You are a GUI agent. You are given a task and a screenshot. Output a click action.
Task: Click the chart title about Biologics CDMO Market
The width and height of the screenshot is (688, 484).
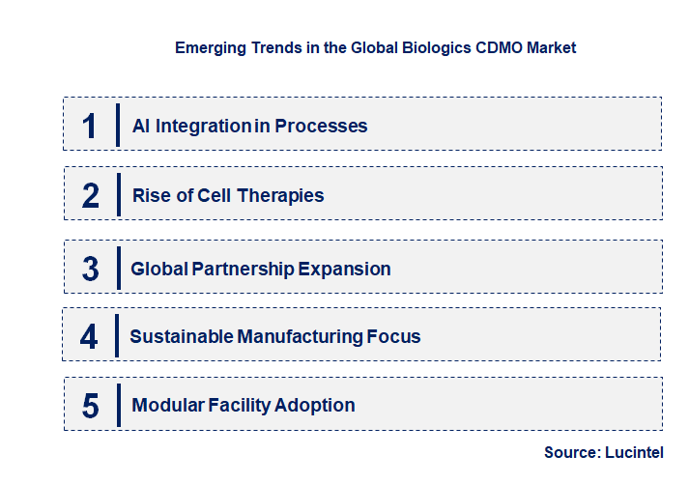375,47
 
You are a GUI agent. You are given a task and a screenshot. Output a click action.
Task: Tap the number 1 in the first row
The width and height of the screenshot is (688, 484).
90,126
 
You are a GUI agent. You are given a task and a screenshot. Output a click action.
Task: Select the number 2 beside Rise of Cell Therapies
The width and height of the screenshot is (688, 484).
91,195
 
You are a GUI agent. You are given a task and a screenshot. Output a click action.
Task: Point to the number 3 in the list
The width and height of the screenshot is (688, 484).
91,269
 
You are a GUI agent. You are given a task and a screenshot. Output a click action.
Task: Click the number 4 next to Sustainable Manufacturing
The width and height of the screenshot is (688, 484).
90,336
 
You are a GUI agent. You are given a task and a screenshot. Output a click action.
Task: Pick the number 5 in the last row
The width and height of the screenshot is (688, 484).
91,406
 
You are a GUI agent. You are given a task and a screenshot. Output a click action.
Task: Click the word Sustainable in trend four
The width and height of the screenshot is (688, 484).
180,336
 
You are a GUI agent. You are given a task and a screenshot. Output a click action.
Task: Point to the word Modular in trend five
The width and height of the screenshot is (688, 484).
166,406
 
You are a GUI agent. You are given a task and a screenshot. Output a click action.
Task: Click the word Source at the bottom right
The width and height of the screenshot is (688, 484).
571,452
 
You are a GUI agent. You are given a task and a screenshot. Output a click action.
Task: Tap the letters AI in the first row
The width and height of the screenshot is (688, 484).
139,126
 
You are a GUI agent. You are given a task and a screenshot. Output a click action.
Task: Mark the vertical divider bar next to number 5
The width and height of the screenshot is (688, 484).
117,404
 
